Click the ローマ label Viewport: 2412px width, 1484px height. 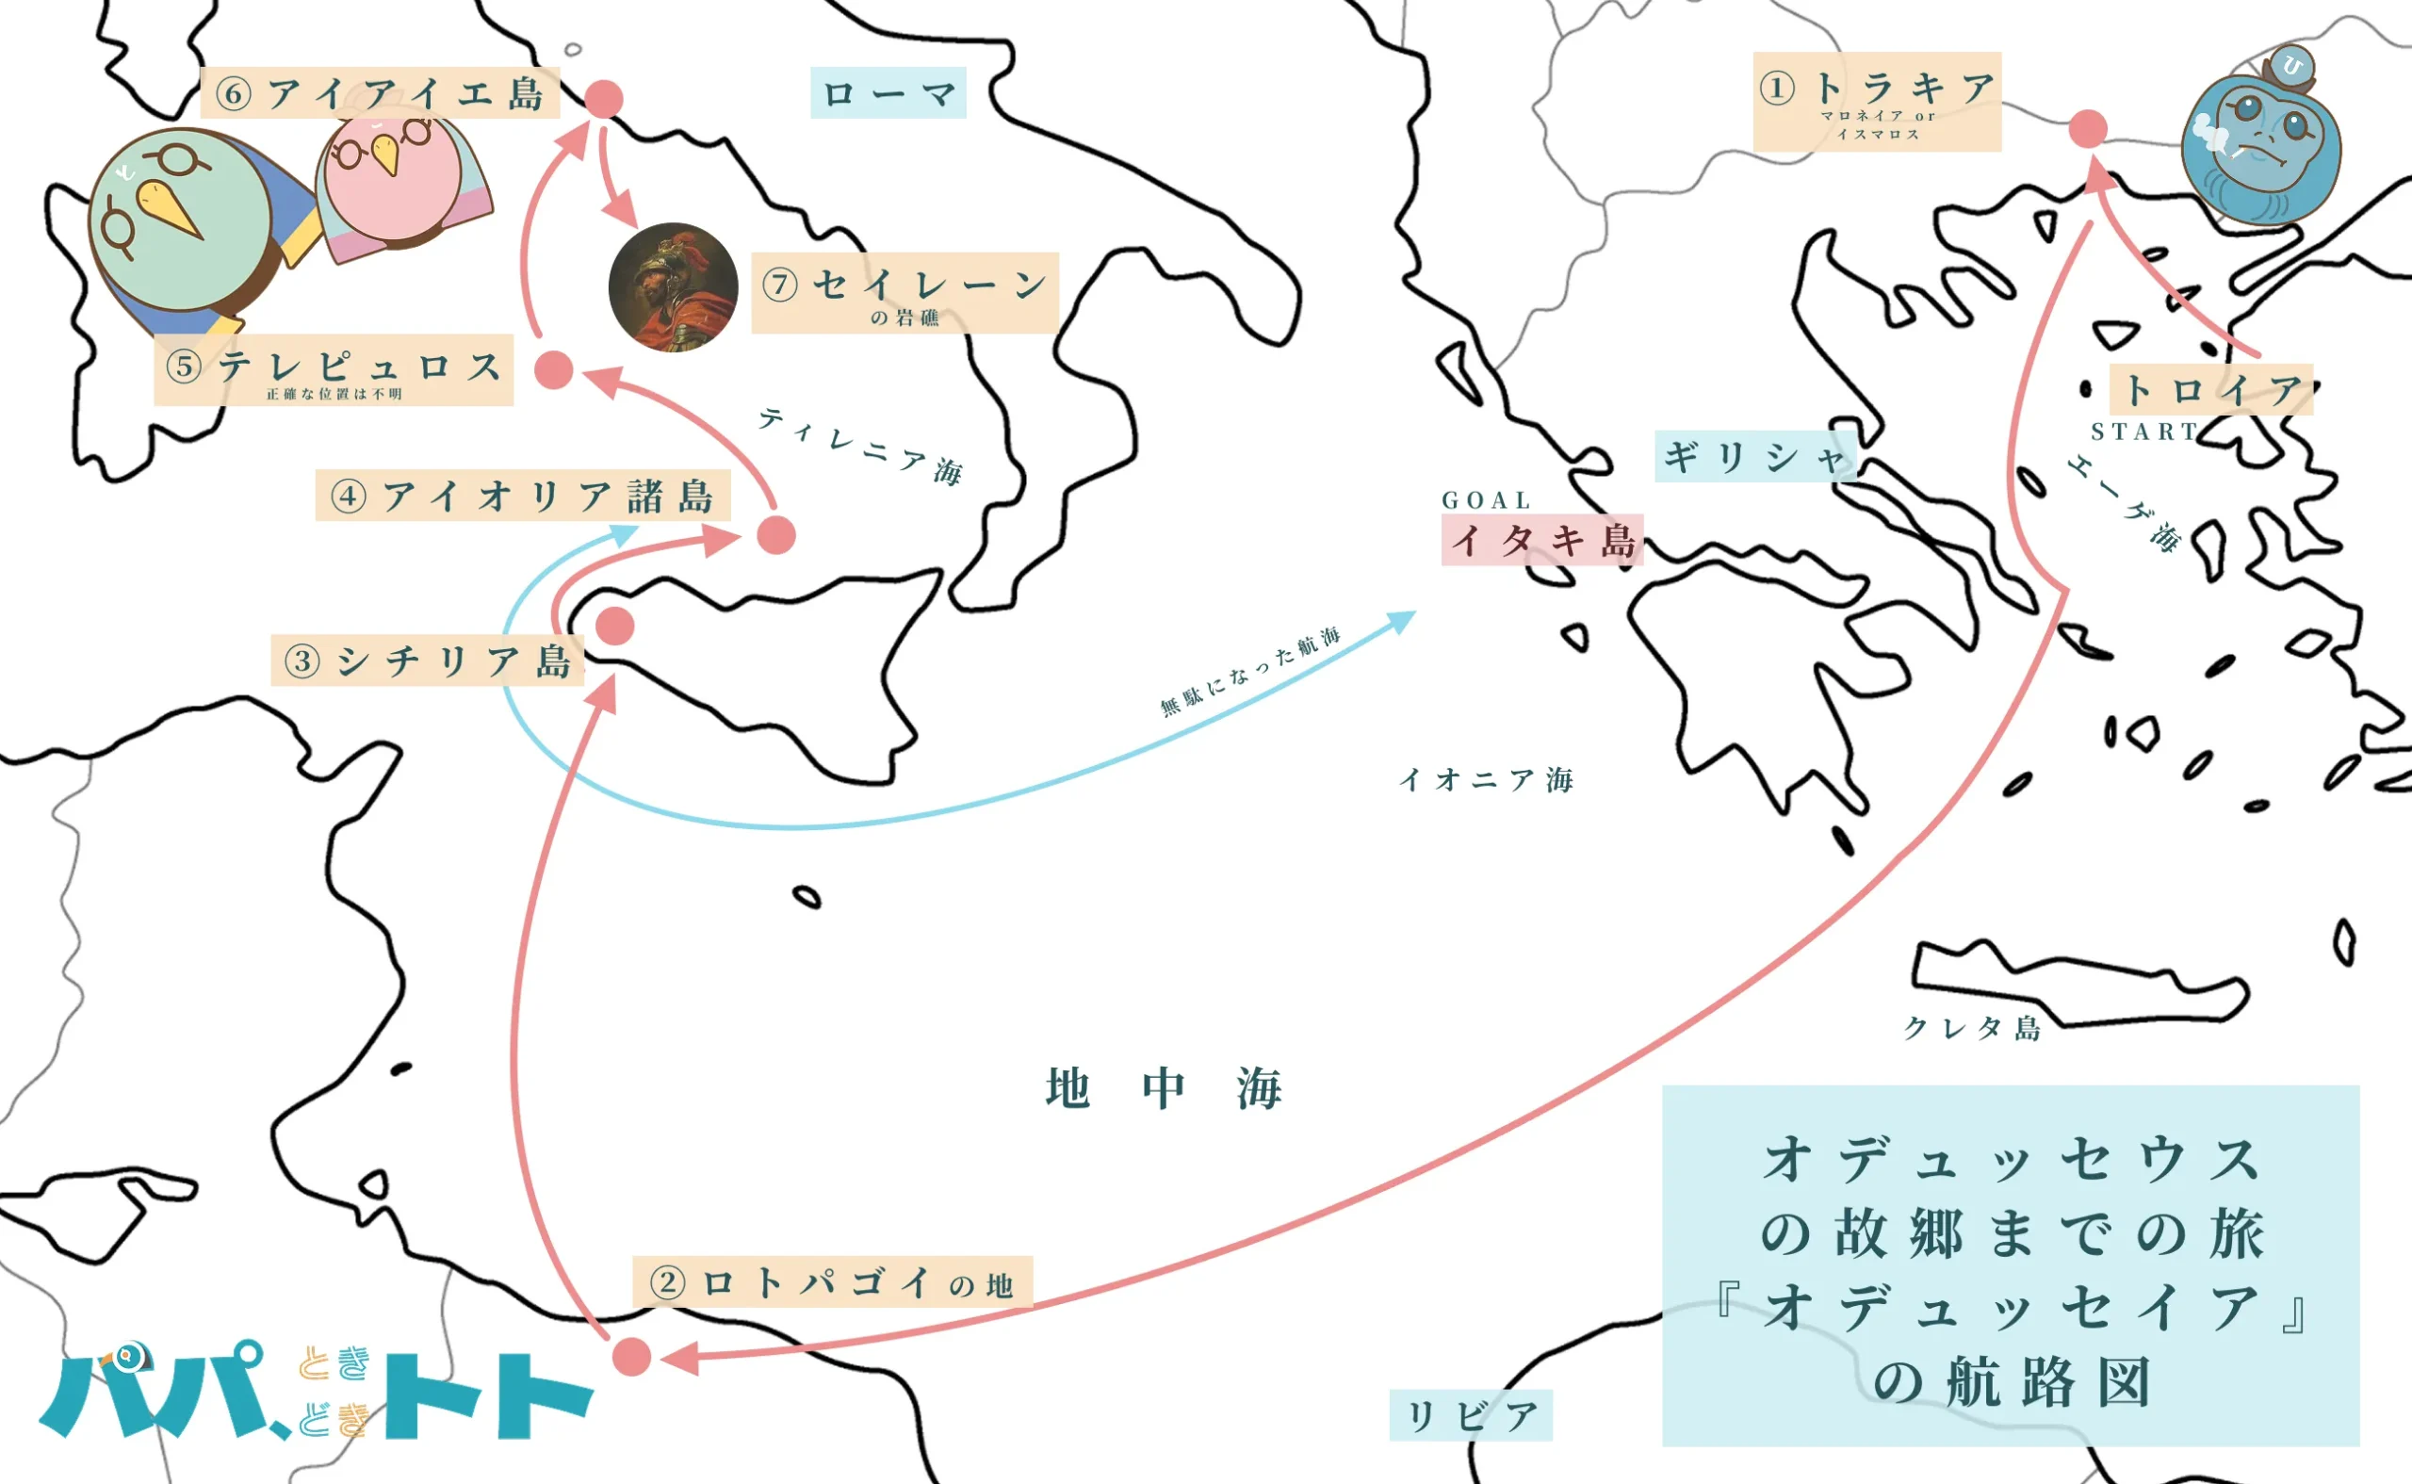coord(888,93)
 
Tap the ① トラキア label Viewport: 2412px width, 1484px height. coord(1876,101)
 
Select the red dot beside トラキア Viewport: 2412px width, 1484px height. coord(2087,127)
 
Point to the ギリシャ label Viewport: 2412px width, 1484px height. coord(1754,456)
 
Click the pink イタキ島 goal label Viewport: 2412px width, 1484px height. coord(1540,540)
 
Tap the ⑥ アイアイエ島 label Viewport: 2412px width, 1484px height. coord(380,93)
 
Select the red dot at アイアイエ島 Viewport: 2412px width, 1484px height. coord(604,98)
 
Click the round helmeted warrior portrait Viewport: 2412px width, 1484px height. coord(672,286)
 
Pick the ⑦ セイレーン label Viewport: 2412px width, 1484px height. coord(904,291)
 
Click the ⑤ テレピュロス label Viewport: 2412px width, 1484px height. coord(334,371)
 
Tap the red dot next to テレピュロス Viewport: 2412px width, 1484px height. coord(553,370)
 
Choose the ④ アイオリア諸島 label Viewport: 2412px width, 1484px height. coord(522,496)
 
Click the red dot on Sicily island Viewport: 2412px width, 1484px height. coord(614,626)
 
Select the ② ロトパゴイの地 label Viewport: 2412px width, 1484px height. coord(832,1281)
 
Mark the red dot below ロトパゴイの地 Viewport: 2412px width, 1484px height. coord(632,1357)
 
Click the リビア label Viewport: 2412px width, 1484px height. coord(1470,1415)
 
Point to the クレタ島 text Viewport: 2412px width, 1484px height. coord(1971,1028)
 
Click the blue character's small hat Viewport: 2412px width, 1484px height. coord(2291,67)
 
